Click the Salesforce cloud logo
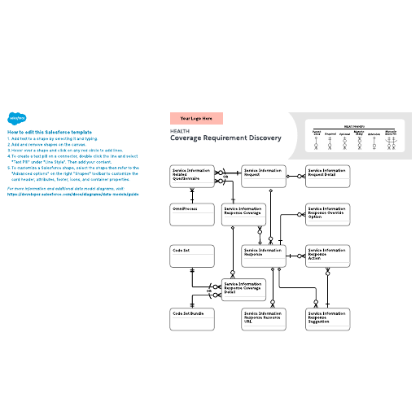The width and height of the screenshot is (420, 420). tap(15, 117)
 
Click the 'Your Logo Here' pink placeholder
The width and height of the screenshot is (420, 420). tap(196, 118)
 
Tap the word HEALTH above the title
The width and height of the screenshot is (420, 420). tap(178, 129)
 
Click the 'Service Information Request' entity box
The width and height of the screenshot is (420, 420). tap(265, 177)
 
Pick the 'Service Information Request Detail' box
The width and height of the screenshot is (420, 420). tap(327, 177)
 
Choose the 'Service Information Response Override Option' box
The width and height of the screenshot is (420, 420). tap(327, 216)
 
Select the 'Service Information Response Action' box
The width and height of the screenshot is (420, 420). tap(327, 256)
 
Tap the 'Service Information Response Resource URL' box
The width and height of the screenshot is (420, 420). tap(265, 318)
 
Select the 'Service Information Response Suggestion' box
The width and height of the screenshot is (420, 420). tap(327, 318)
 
